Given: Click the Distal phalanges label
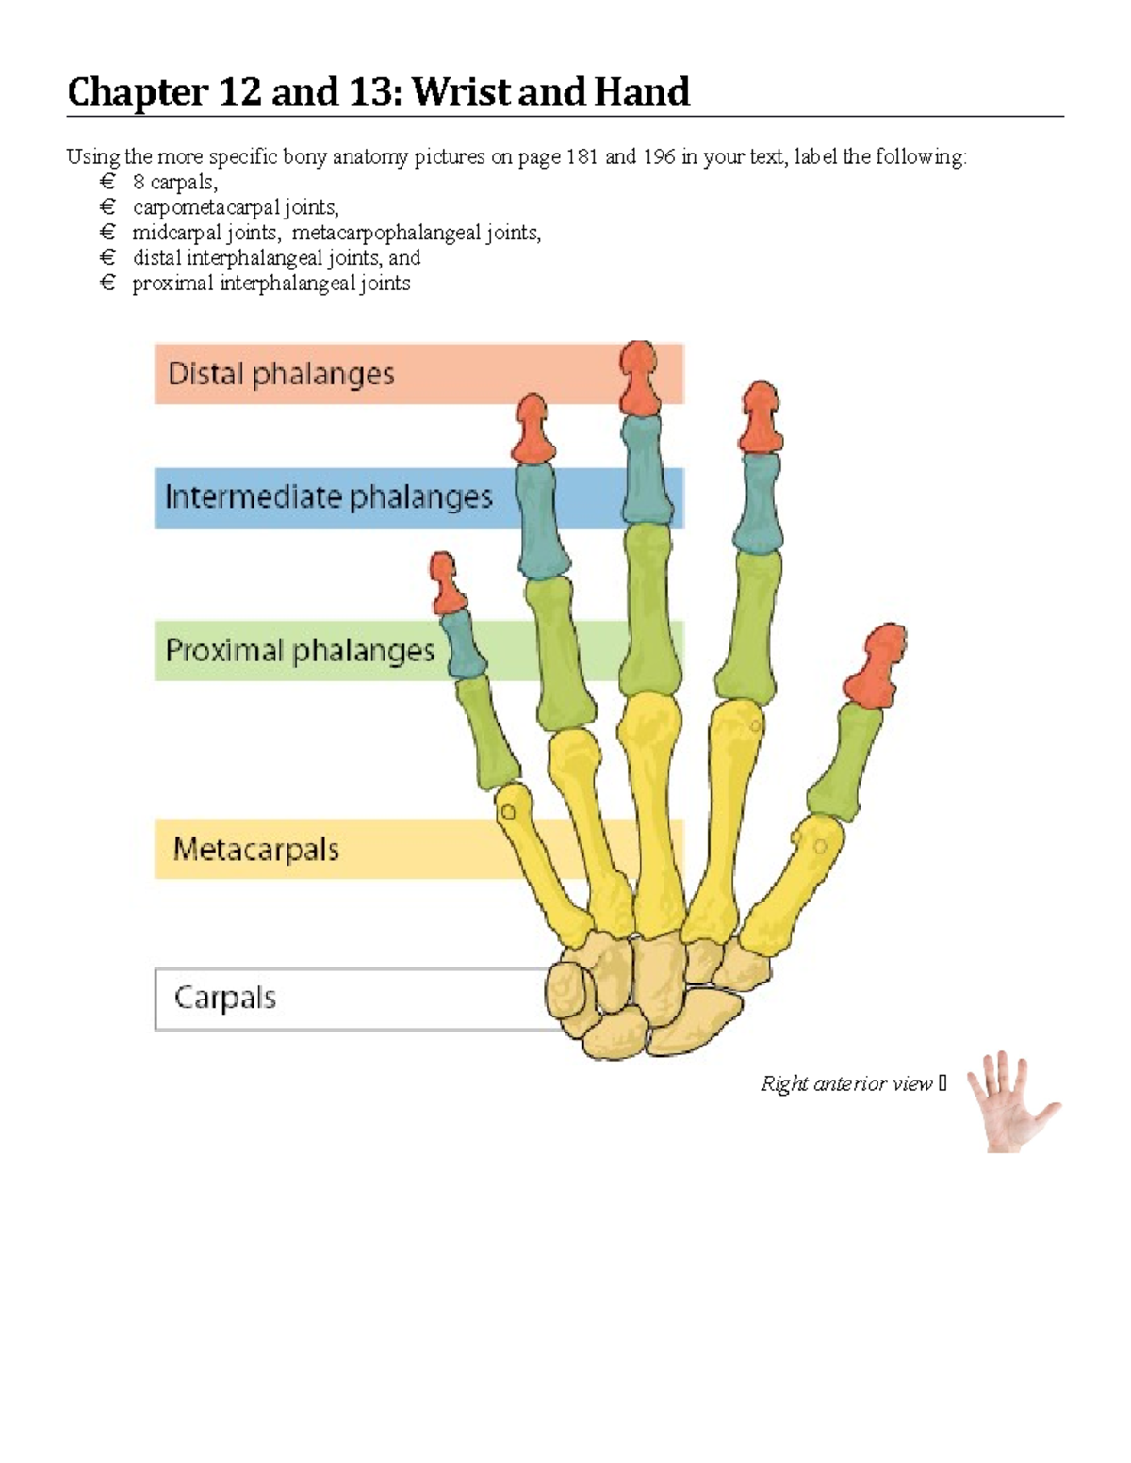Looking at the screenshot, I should (281, 374).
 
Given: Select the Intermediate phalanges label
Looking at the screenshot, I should (328, 497).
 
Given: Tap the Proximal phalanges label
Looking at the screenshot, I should (300, 650).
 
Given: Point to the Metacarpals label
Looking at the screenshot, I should (255, 849).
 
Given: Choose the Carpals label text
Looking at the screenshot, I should (225, 998).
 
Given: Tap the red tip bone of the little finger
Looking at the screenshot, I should (446, 581).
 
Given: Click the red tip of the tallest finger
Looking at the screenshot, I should (640, 379).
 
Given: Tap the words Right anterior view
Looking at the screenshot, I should (845, 1083).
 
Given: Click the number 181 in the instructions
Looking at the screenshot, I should (582, 156).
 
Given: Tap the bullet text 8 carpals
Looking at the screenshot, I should (175, 182).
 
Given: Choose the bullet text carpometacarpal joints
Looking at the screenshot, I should (236, 207).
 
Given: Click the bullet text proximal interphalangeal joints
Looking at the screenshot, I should (271, 284).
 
